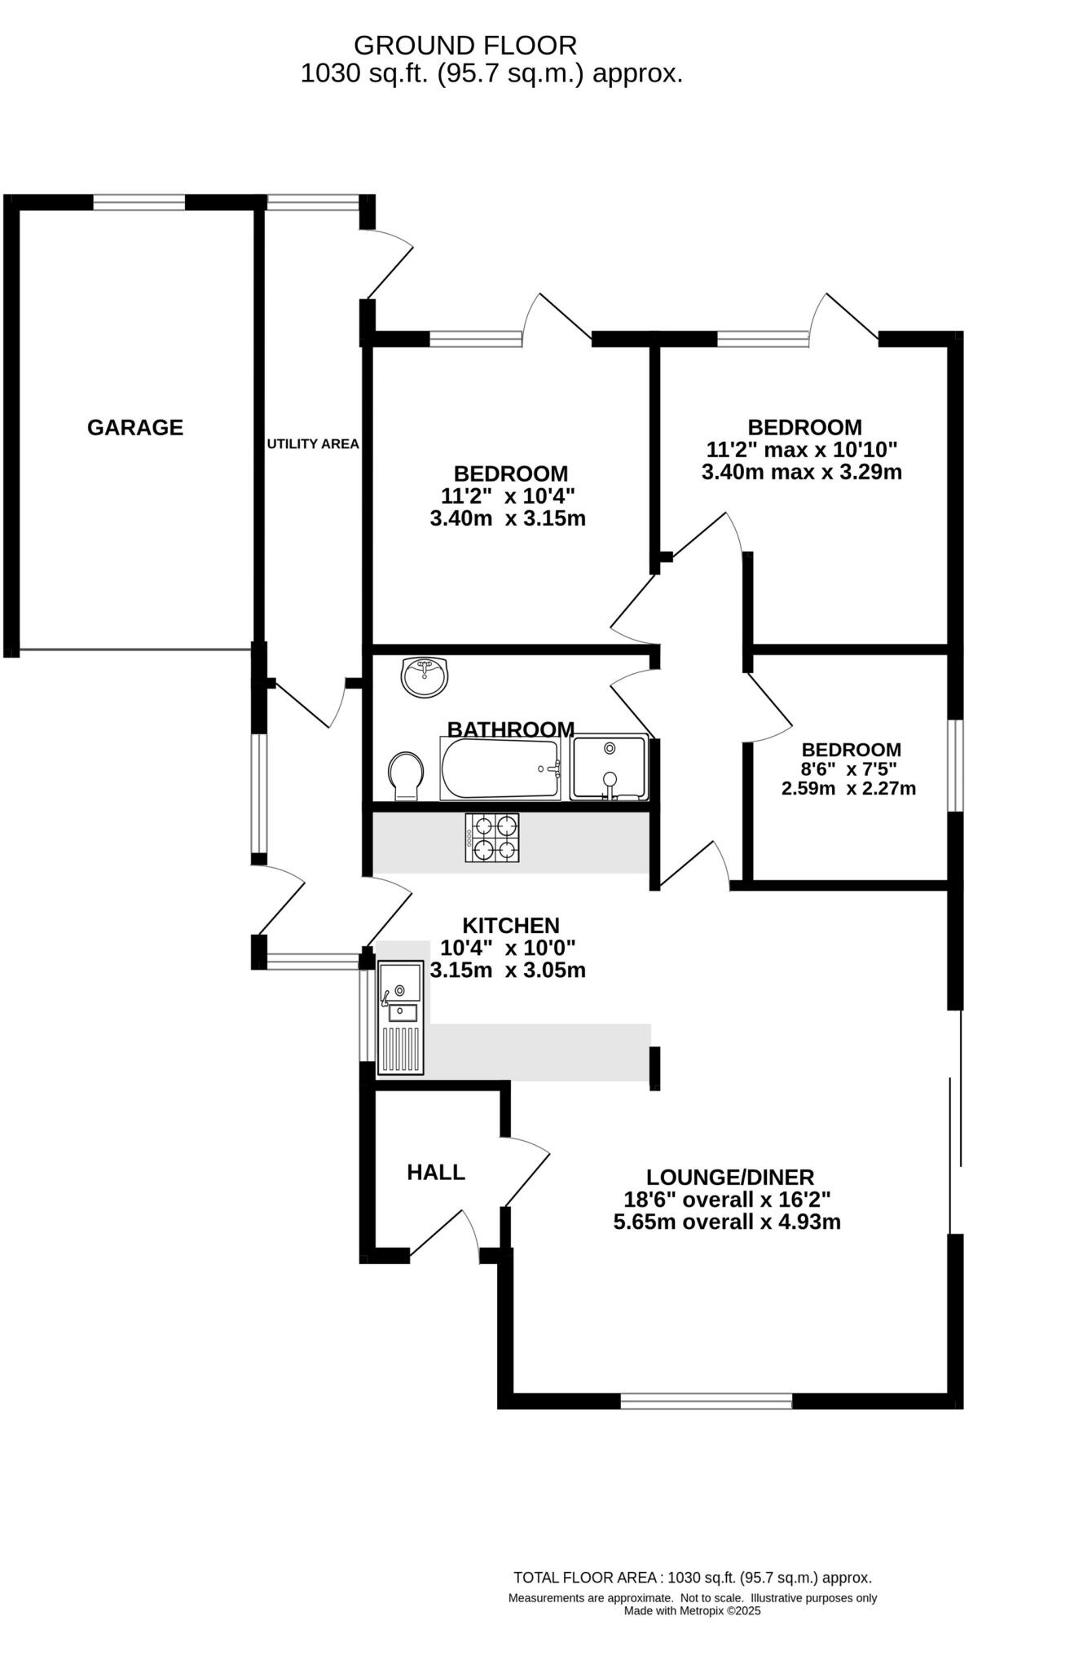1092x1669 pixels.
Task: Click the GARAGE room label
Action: [x=135, y=427]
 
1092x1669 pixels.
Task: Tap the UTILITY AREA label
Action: [x=313, y=444]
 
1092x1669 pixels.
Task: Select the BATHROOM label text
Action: [x=510, y=729]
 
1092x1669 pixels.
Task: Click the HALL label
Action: [x=436, y=1172]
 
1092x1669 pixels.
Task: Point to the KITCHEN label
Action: [x=511, y=925]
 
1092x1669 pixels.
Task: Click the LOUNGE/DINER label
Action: [x=730, y=1177]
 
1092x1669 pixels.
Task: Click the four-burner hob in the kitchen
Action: [x=492, y=838]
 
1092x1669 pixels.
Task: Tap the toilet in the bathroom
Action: [x=406, y=775]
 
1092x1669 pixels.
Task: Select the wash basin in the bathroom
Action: [x=425, y=676]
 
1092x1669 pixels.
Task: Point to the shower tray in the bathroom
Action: [x=609, y=767]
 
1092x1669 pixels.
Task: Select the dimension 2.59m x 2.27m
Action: [x=848, y=788]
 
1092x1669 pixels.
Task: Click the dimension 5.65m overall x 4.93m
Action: [x=727, y=1222]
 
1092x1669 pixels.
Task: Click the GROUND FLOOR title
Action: [x=465, y=45]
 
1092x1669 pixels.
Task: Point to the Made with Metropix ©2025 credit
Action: [x=692, y=1610]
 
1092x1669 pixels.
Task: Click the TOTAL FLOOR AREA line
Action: [x=692, y=1578]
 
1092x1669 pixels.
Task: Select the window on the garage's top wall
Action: [x=139, y=202]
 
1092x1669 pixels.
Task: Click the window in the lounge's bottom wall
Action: [x=706, y=1401]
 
